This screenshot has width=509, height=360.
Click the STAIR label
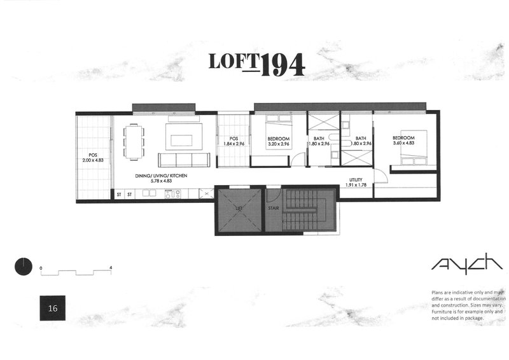(x=274, y=207)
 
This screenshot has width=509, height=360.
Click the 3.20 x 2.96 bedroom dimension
(x=278, y=144)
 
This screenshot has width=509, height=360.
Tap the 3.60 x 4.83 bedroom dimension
(x=403, y=144)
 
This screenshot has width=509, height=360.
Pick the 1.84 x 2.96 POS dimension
(x=233, y=144)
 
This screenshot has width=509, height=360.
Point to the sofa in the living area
(x=184, y=159)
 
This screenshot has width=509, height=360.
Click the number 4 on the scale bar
(x=111, y=267)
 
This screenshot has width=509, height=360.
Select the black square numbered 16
(x=53, y=308)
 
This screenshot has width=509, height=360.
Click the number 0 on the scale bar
(x=41, y=267)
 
